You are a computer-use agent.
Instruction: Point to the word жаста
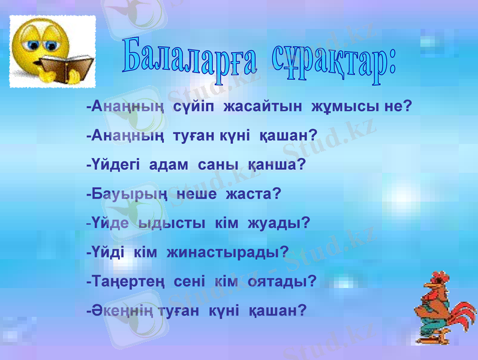[x=253, y=194]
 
